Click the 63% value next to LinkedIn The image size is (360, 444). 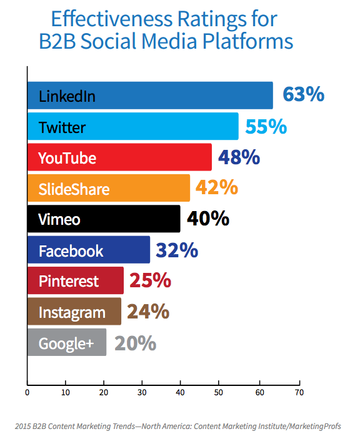coord(304,94)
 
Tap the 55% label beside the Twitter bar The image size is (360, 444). coord(266,126)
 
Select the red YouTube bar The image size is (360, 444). coord(119,157)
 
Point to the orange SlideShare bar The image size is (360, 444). coord(109,188)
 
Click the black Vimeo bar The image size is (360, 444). coord(104,219)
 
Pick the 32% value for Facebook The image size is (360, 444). coord(177,250)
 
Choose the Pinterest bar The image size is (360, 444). coord(76,280)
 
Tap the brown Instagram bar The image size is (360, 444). coord(74,312)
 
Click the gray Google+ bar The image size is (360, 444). coord(67,342)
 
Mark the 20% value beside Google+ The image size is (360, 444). coord(136,343)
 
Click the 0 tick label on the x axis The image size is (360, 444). coord(27,392)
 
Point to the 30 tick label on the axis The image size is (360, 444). coord(142,392)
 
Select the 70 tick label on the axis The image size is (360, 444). coord(299,392)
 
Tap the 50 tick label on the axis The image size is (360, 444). coord(219,392)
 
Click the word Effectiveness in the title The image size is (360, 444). coord(112,19)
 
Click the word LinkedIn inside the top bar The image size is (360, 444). coord(67,96)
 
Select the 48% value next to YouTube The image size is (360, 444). coord(239,157)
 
